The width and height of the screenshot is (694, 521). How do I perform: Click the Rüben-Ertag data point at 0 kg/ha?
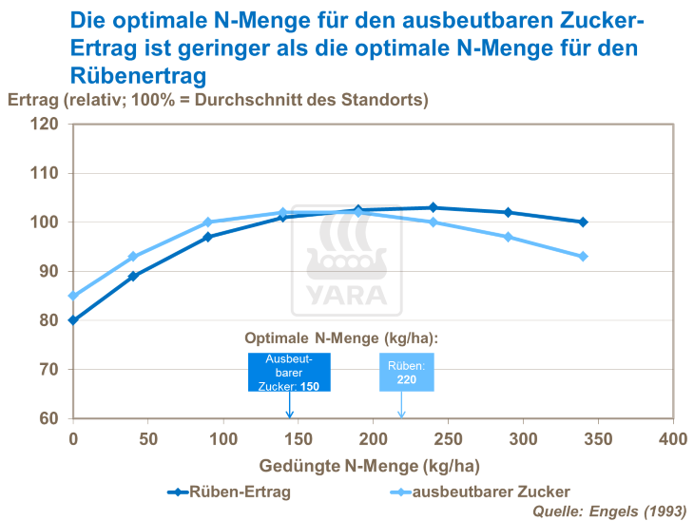coord(72,320)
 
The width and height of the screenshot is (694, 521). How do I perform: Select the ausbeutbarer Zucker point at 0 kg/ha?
coord(72,296)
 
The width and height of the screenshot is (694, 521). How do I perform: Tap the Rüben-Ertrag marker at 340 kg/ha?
coord(583,222)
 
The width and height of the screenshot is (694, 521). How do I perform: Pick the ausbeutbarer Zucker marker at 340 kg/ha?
coord(583,257)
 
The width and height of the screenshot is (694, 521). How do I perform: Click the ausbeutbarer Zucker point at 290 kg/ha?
coord(508,237)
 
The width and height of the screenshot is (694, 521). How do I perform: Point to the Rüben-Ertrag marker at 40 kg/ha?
coord(133,276)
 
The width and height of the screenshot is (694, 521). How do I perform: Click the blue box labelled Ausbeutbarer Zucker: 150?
coord(289,372)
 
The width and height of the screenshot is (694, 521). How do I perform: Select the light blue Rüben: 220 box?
coord(407,372)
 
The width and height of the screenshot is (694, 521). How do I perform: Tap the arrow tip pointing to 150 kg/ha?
coord(290,415)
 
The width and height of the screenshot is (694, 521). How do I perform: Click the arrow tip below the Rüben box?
coord(401,415)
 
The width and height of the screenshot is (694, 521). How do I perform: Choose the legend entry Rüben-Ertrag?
coord(228,492)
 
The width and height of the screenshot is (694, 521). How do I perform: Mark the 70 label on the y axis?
coord(48,370)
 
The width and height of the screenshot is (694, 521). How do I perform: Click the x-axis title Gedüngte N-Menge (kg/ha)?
coord(370,466)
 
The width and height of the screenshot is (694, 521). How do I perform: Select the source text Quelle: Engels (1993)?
coord(608,511)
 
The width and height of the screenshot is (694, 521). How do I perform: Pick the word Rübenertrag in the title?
coord(138,74)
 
